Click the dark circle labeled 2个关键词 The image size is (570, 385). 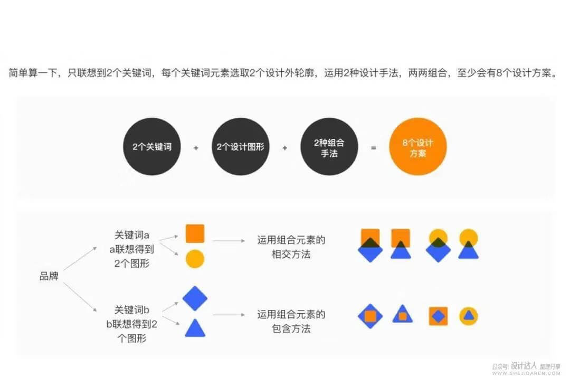(x=152, y=147)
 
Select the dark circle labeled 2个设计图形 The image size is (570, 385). (x=241, y=147)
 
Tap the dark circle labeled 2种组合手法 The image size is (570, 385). (x=329, y=147)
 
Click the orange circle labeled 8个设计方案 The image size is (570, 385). (x=418, y=147)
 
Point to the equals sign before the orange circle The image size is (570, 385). (x=374, y=148)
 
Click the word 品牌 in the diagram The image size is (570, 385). (x=49, y=276)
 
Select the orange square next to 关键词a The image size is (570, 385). (x=195, y=233)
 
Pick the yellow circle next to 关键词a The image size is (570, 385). (x=195, y=259)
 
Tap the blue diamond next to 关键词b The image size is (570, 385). (x=195, y=299)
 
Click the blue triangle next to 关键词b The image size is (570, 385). (x=195, y=328)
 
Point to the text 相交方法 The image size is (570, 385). (x=291, y=255)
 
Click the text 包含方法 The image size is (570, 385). (x=291, y=329)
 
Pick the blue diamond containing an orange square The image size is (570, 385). (x=370, y=316)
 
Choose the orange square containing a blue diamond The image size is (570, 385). (x=438, y=316)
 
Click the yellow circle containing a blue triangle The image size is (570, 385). (x=468, y=316)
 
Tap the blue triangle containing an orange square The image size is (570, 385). (x=402, y=315)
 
